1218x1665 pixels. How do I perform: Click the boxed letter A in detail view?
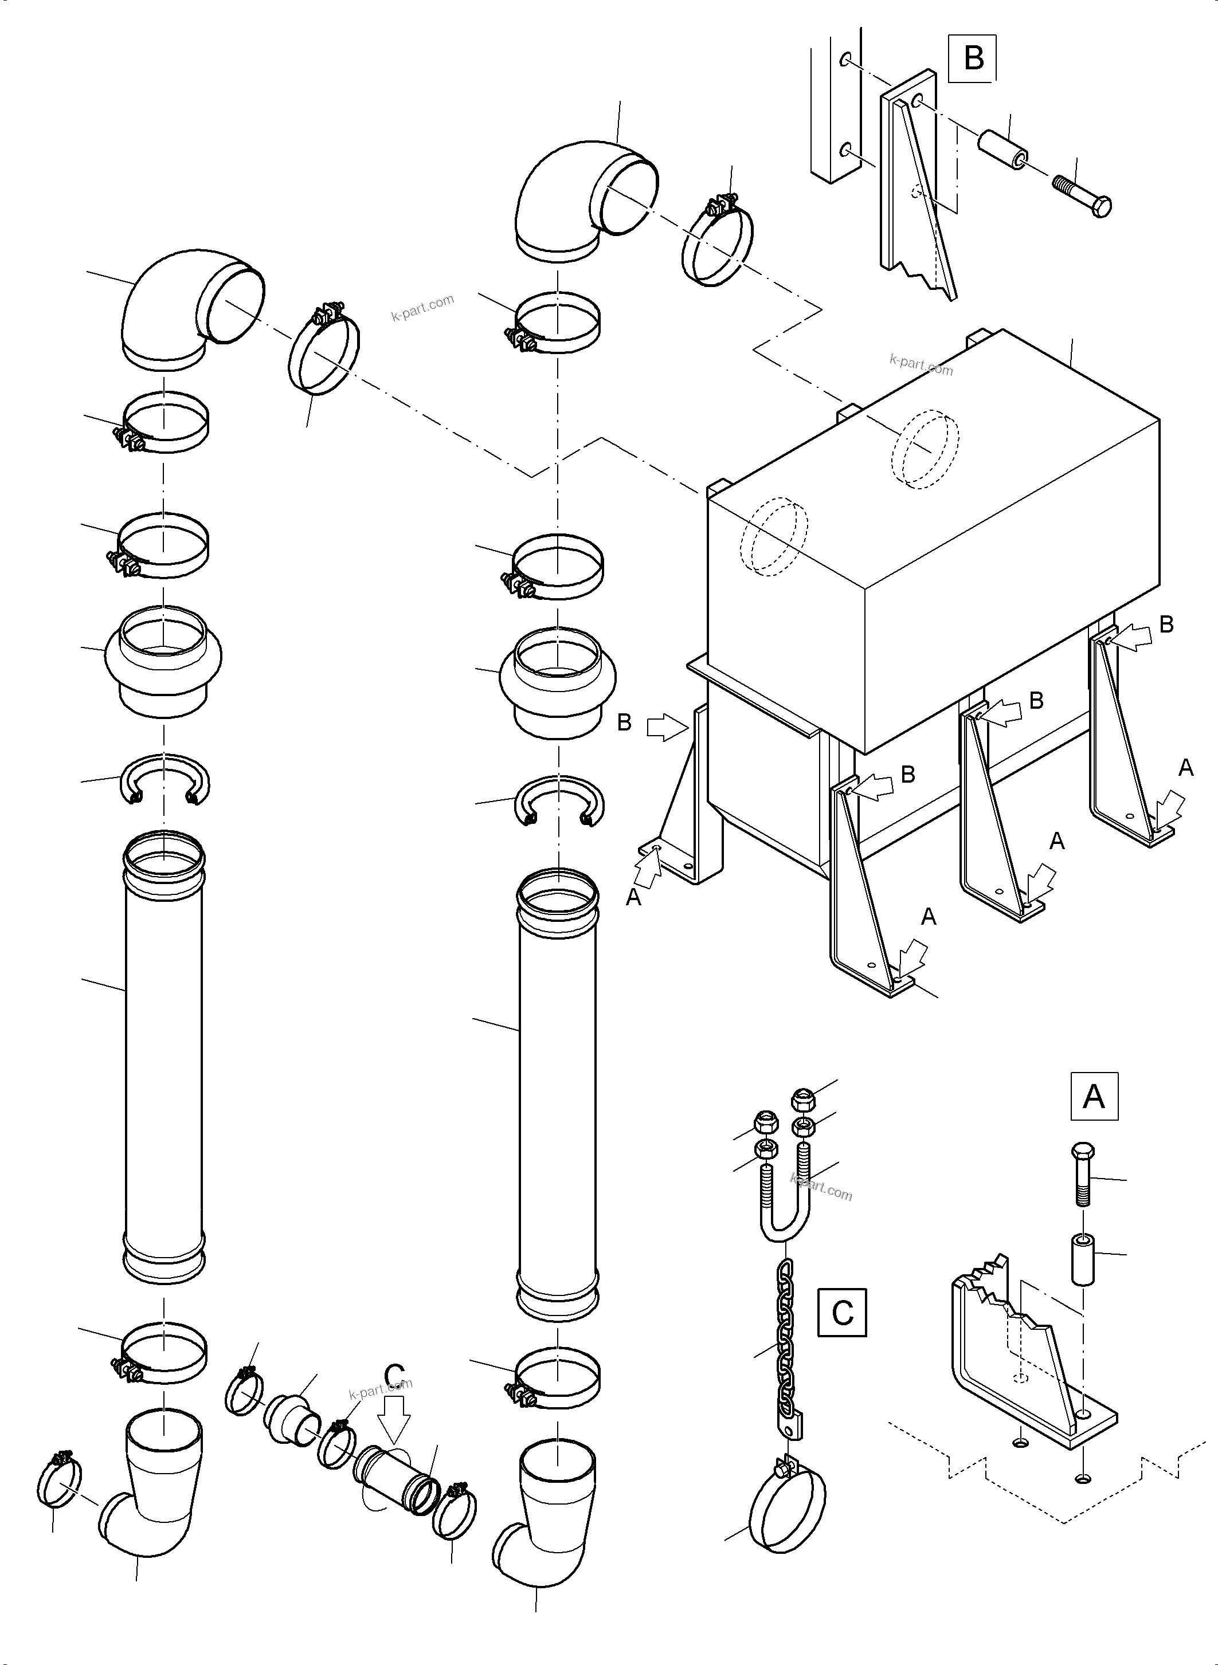1094,1096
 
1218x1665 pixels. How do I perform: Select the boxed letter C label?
842,1313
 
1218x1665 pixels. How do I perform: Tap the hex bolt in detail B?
1082,194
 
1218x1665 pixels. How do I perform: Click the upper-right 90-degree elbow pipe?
582,199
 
